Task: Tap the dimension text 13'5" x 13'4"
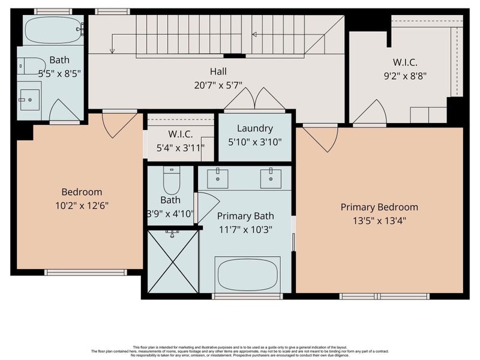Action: click(x=379, y=220)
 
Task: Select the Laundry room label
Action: click(x=255, y=128)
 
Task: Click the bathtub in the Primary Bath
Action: click(x=248, y=274)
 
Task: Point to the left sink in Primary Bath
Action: click(x=217, y=176)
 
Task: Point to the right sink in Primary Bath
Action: click(x=271, y=176)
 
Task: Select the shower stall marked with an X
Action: click(x=173, y=262)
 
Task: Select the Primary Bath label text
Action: click(x=245, y=216)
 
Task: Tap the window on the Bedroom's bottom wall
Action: click(x=86, y=272)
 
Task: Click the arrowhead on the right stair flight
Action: click(x=254, y=34)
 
